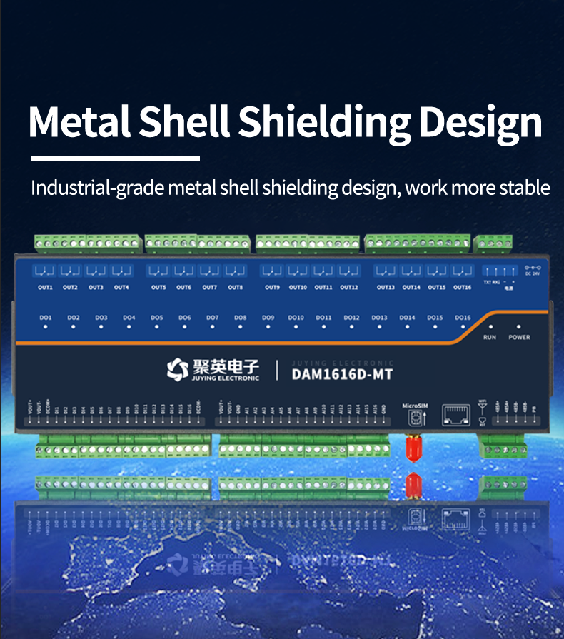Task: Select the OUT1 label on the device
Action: point(46,288)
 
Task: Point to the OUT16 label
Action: point(462,288)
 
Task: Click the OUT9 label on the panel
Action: point(272,288)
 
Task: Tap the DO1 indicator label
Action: point(46,318)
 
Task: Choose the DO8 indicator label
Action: point(240,318)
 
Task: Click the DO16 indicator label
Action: point(463,318)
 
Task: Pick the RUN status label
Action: point(490,337)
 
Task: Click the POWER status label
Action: point(519,337)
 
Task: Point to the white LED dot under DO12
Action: point(351,327)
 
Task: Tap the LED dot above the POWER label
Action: point(519,327)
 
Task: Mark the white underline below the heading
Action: point(115,157)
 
